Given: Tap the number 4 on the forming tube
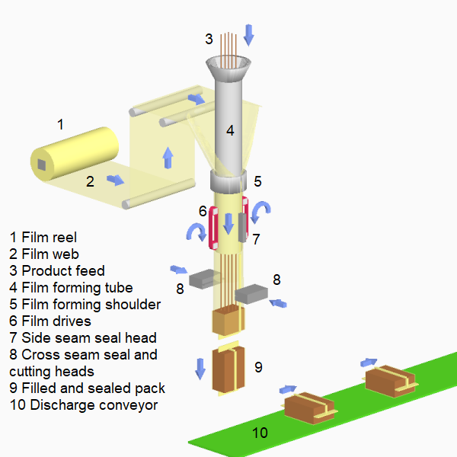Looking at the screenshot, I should pyautogui.click(x=229, y=130).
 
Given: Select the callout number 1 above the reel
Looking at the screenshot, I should pyautogui.click(x=61, y=123).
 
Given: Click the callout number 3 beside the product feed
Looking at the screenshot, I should pyautogui.click(x=209, y=39).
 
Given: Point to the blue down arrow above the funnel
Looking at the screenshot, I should pyautogui.click(x=249, y=34).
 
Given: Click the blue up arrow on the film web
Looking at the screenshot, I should pyautogui.click(x=168, y=158).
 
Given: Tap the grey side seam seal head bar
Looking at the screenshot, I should pyautogui.click(x=241, y=227).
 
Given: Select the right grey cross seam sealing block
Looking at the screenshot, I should pyautogui.click(x=251, y=292).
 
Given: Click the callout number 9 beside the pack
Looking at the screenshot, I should pyautogui.click(x=258, y=367).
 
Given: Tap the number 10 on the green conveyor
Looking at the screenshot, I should pyautogui.click(x=260, y=433).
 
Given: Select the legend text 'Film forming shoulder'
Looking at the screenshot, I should pyautogui.click(x=91, y=304).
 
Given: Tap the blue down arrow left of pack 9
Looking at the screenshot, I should pyautogui.click(x=200, y=368).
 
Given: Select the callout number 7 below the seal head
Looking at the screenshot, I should pyautogui.click(x=257, y=239).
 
